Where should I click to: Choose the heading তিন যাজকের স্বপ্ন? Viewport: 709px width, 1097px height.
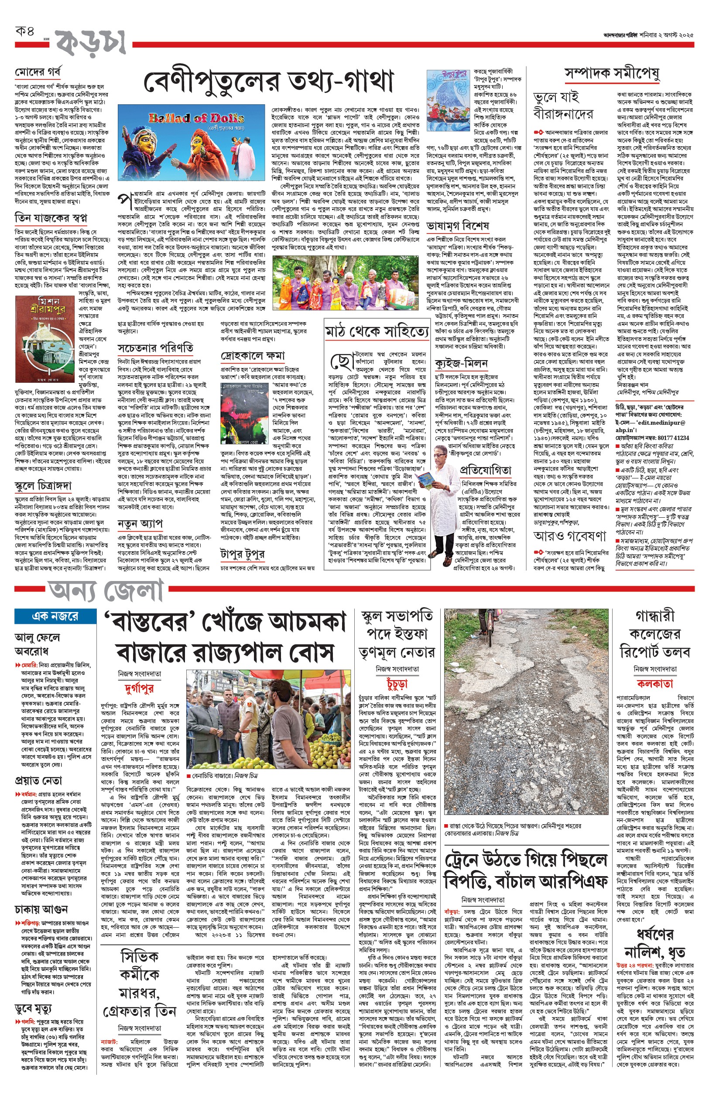click(51, 217)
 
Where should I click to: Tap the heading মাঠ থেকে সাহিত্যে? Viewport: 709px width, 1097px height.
click(377, 332)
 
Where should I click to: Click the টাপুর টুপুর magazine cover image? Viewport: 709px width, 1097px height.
click(448, 94)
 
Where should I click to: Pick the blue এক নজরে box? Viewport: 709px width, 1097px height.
click(55, 616)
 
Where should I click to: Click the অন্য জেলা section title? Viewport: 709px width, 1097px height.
click(106, 591)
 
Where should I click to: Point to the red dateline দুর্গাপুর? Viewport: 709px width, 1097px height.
click(139, 688)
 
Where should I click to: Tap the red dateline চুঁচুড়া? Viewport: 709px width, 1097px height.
click(397, 684)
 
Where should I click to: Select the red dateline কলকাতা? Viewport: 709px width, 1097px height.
click(654, 684)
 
